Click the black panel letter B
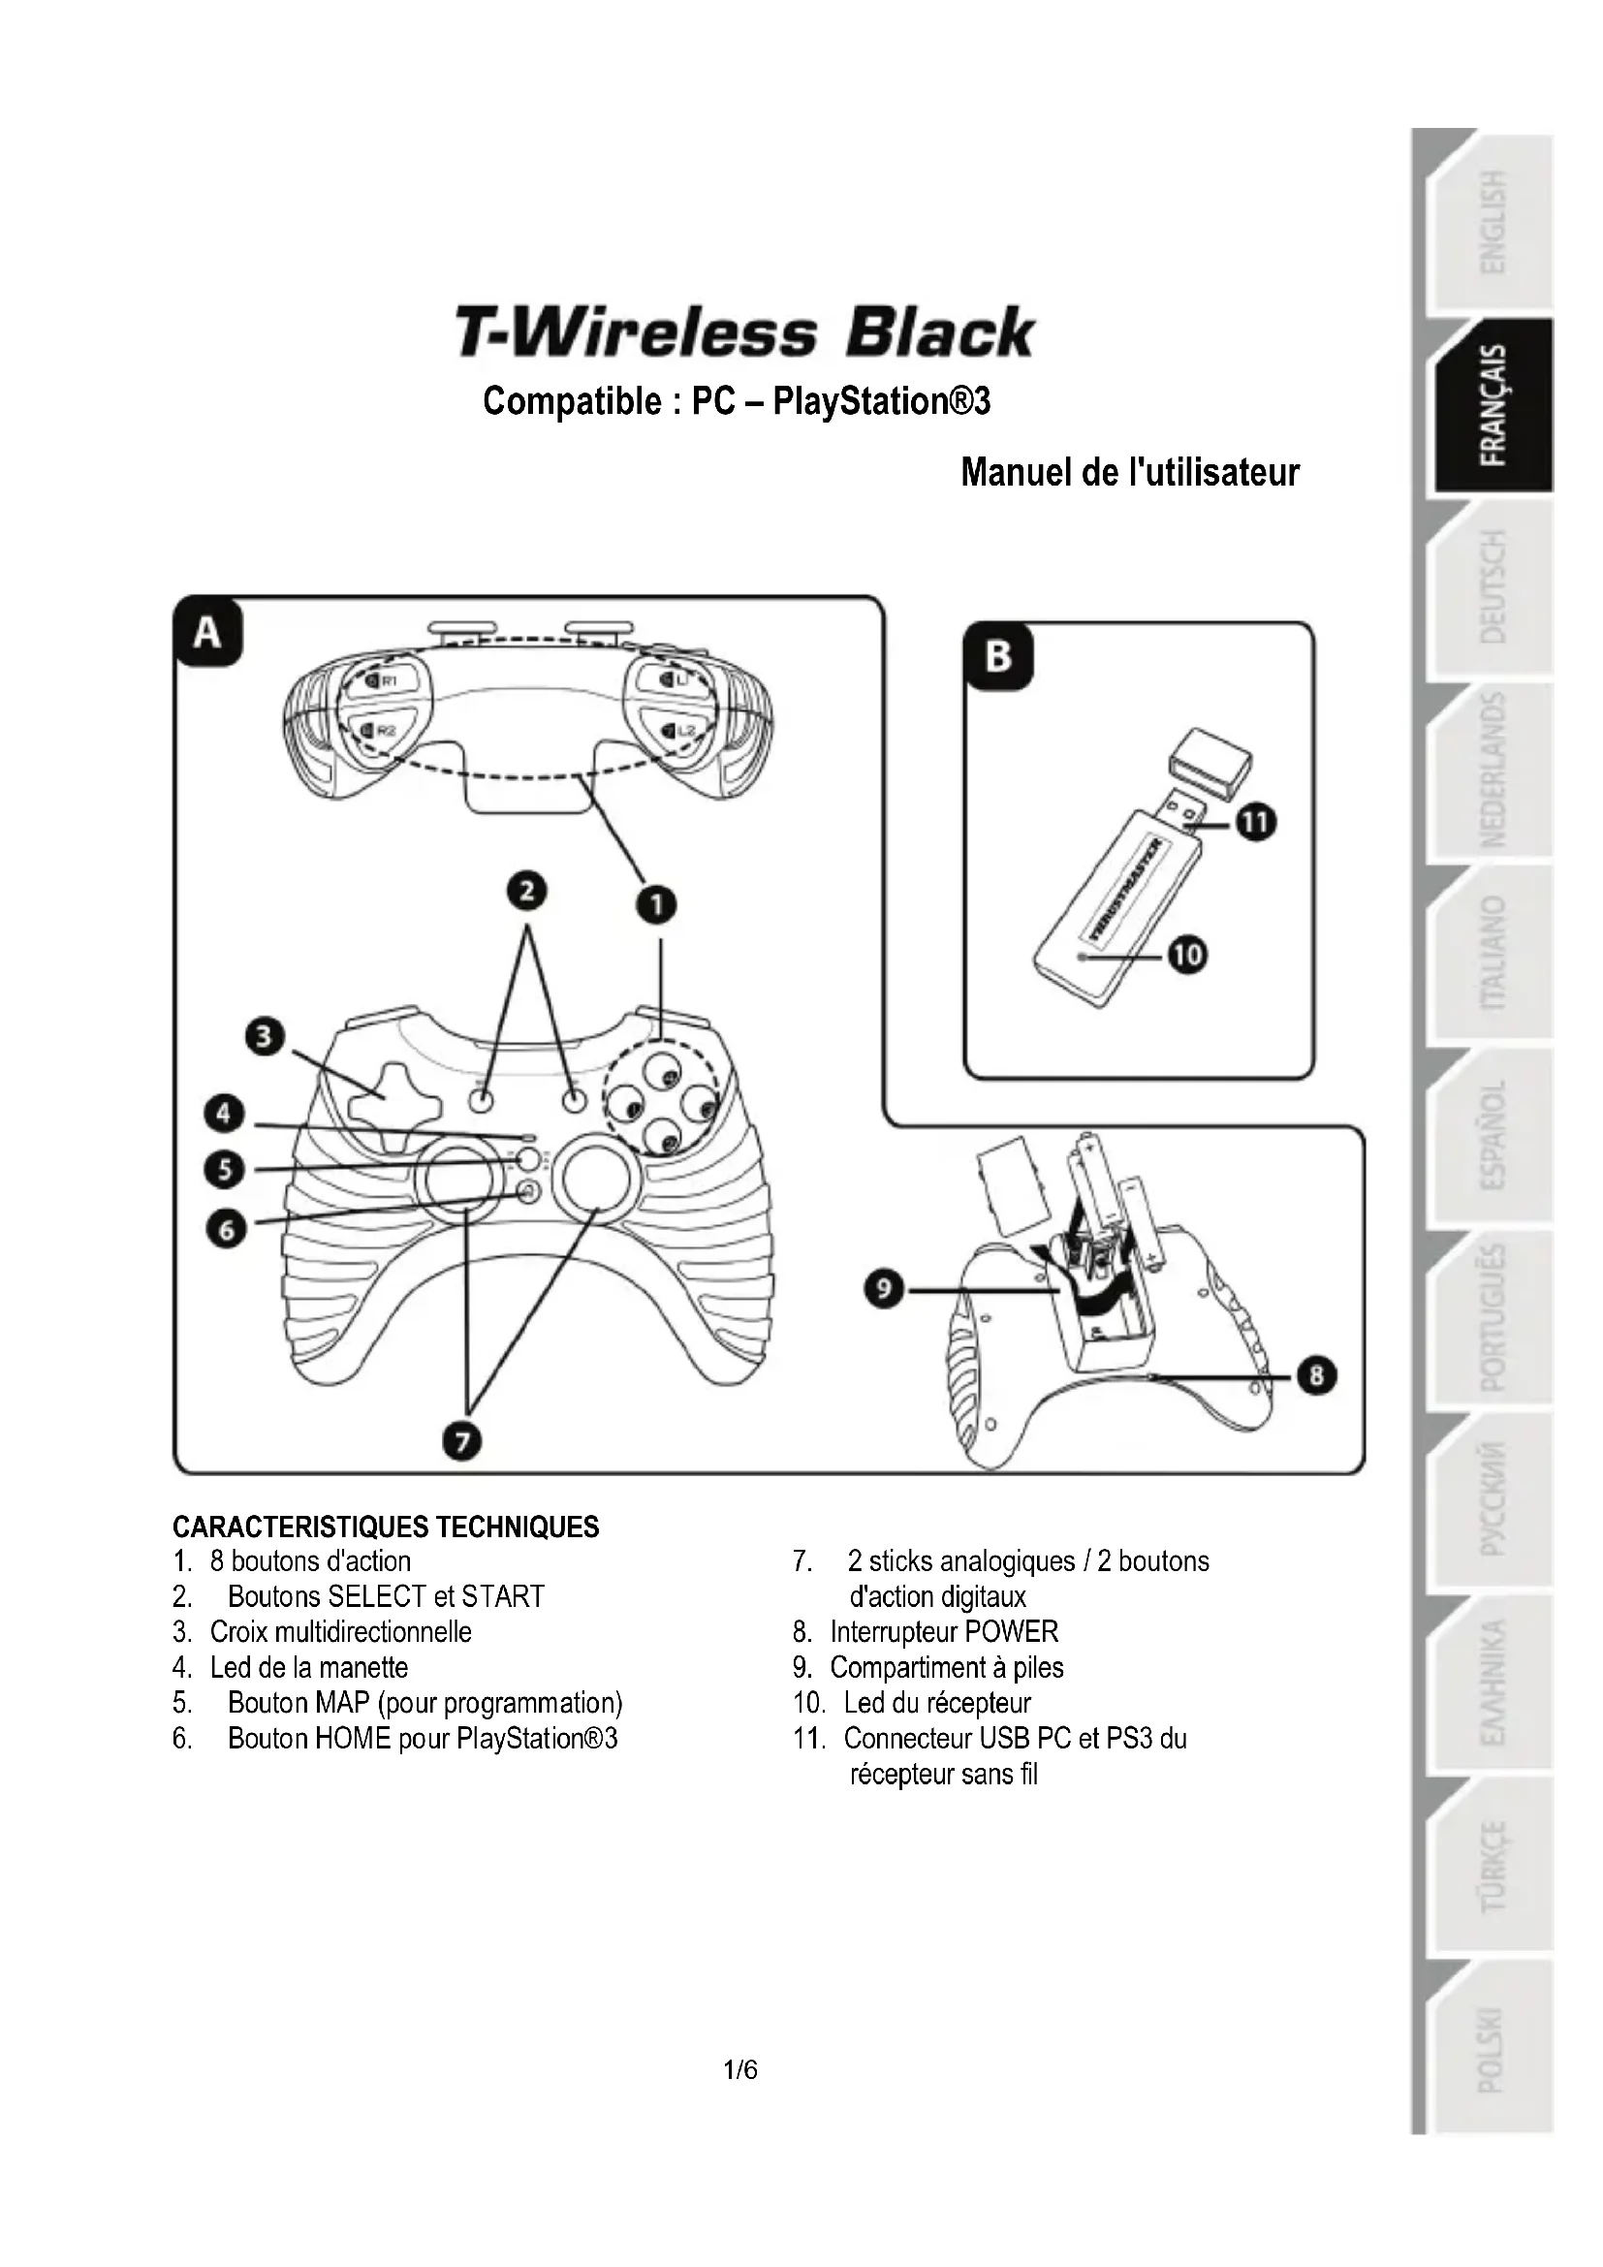tap(998, 656)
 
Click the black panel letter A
tap(207, 632)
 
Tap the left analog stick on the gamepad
tap(461, 1180)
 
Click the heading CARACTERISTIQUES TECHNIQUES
tap(386, 1527)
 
